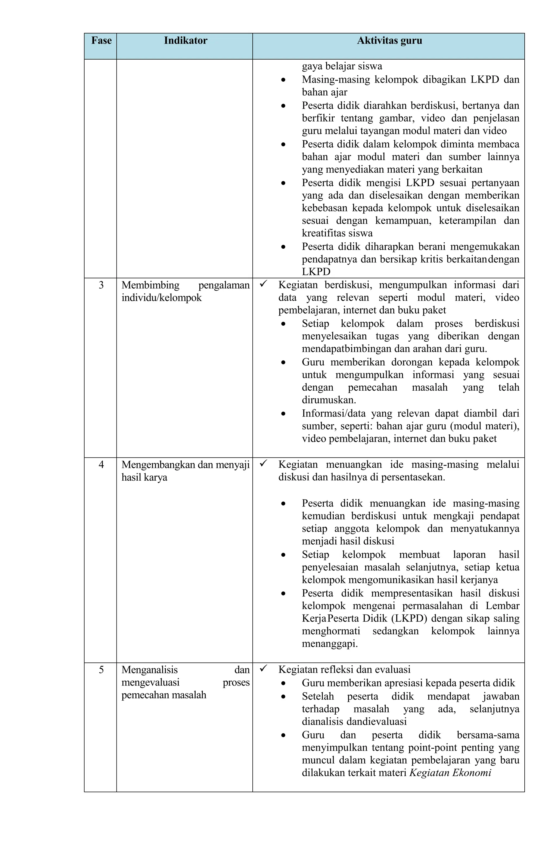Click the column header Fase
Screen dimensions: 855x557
pyautogui.click(x=101, y=41)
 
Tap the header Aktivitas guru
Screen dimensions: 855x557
pyautogui.click(x=389, y=41)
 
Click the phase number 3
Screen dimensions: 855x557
pyautogui.click(x=101, y=285)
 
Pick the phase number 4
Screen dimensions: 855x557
pyautogui.click(x=101, y=465)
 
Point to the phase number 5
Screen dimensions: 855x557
pyautogui.click(x=101, y=670)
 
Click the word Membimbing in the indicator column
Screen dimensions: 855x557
pyautogui.click(x=150, y=285)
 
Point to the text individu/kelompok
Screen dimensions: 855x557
pyautogui.click(x=162, y=298)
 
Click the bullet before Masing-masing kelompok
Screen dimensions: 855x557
pyautogui.click(x=283, y=80)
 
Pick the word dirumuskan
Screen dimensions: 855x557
pyautogui.click(x=329, y=400)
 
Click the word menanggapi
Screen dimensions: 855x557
pyautogui.click(x=329, y=644)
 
